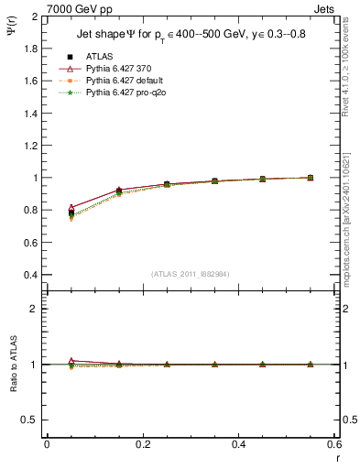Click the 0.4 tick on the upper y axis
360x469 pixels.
[x=27, y=275]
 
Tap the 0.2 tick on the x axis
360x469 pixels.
[x=143, y=444]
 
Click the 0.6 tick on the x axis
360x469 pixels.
[x=334, y=444]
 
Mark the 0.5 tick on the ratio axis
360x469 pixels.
[x=27, y=420]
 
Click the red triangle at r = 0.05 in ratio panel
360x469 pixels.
[x=71, y=361]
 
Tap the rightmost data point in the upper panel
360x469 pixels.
[x=311, y=178]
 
